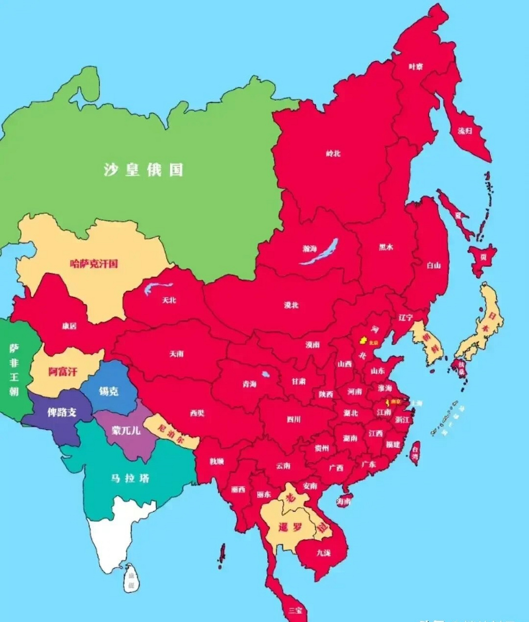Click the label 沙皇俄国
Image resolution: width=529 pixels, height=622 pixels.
pyautogui.click(x=143, y=170)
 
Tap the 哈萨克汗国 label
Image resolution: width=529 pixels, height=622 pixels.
pyautogui.click(x=94, y=264)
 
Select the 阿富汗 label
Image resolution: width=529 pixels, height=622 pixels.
pyautogui.click(x=63, y=372)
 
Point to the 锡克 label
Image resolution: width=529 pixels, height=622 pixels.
pyautogui.click(x=108, y=391)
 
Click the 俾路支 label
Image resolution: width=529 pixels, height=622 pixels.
pyautogui.click(x=62, y=413)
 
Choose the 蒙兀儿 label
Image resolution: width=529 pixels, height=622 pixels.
pyautogui.click(x=126, y=430)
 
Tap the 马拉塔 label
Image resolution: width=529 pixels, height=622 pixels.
pyautogui.click(x=130, y=478)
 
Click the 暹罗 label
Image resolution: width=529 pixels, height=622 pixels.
pyautogui.click(x=290, y=528)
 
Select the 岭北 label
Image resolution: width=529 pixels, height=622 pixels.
pyautogui.click(x=333, y=154)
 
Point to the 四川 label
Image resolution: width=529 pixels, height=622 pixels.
pyautogui.click(x=293, y=419)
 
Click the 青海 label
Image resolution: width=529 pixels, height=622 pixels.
pyautogui.click(x=249, y=384)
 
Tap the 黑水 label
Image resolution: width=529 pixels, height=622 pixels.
pyautogui.click(x=386, y=247)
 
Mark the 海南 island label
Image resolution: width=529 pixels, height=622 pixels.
pyautogui.click(x=343, y=502)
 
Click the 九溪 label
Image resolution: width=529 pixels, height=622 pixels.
pyautogui.click(x=323, y=553)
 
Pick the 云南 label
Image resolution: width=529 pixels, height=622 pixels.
pyautogui.click(x=283, y=466)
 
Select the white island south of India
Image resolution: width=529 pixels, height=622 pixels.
pyautogui.click(x=130, y=581)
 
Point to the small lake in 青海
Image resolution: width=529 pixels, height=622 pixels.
pyautogui.click(x=265, y=375)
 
